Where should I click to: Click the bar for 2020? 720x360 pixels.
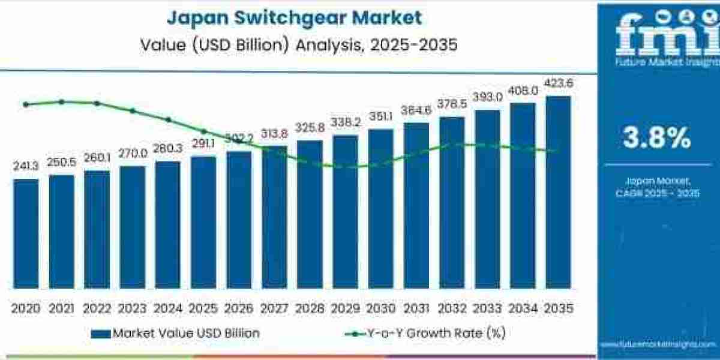point(26,234)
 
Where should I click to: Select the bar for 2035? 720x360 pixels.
point(557,192)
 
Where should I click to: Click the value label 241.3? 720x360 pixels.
point(26,166)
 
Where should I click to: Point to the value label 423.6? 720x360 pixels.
point(558,83)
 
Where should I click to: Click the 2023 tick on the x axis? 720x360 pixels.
point(132,308)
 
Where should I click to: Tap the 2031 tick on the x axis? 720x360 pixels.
point(416,308)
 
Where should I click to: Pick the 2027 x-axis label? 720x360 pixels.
point(274,308)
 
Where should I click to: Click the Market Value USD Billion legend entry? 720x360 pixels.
point(176,333)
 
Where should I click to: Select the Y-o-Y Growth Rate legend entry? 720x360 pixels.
point(427,333)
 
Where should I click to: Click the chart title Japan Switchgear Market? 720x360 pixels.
point(294,18)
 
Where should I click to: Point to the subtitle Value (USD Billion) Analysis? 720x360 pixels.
point(294,44)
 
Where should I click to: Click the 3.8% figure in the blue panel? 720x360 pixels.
point(656,139)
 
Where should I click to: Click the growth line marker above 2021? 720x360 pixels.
point(61,101)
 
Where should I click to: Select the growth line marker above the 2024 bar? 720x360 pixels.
point(168,119)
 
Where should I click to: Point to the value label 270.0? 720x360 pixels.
point(132,154)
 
